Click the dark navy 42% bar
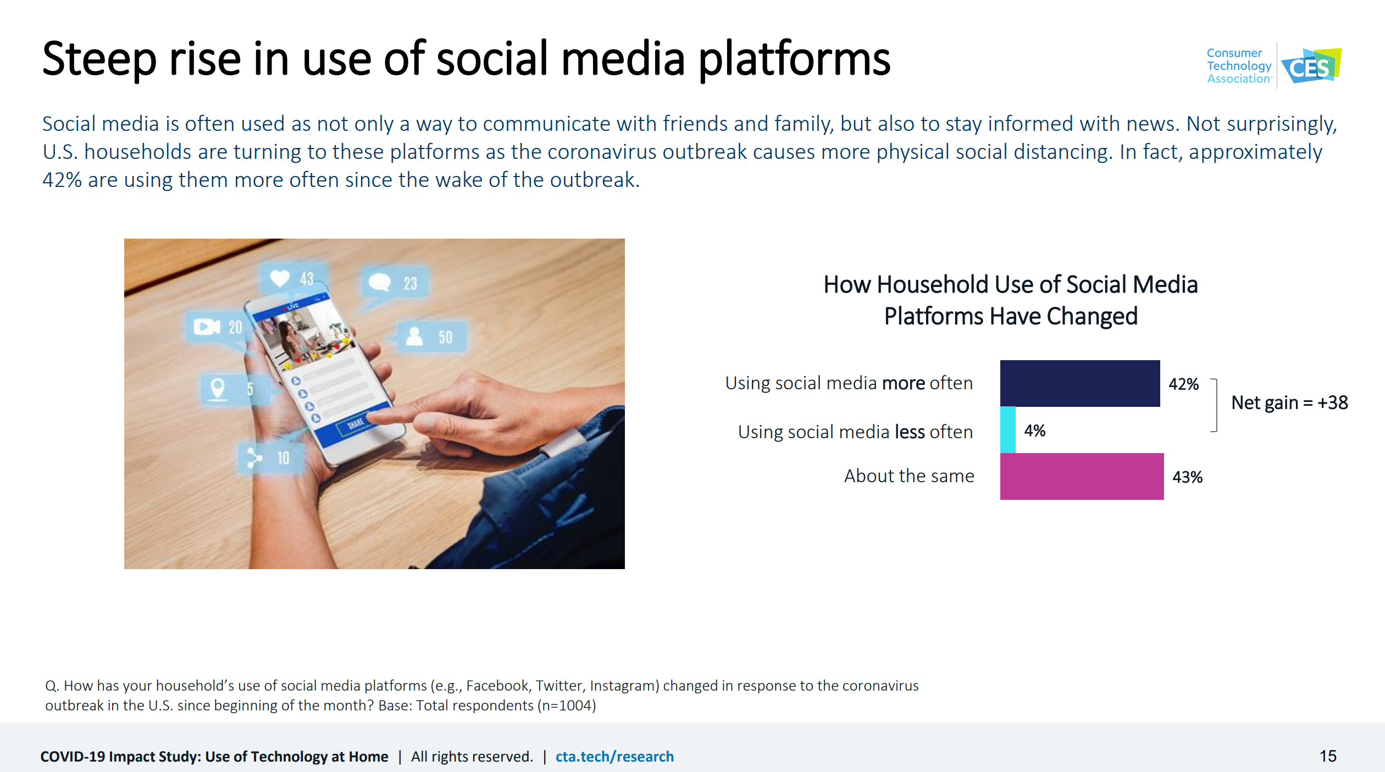pyautogui.click(x=1080, y=383)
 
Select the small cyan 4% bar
pyautogui.click(x=1008, y=430)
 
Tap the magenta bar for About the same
pyautogui.click(x=1082, y=476)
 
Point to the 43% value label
pyautogui.click(x=1188, y=477)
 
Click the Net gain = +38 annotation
pyautogui.click(x=1289, y=402)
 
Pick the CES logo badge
pyautogui.click(x=1311, y=66)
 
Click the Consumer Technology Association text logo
pyautogui.click(x=1239, y=66)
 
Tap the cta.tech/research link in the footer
pyautogui.click(x=614, y=757)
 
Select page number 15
pyautogui.click(x=1328, y=756)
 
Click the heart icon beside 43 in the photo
pyautogui.click(x=280, y=278)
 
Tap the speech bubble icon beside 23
pyautogui.click(x=379, y=282)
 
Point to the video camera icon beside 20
pyautogui.click(x=207, y=327)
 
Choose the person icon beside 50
pyautogui.click(x=414, y=336)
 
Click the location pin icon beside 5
pyautogui.click(x=218, y=389)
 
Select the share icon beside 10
pyautogui.click(x=254, y=457)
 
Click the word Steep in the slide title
pyautogui.click(x=99, y=59)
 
